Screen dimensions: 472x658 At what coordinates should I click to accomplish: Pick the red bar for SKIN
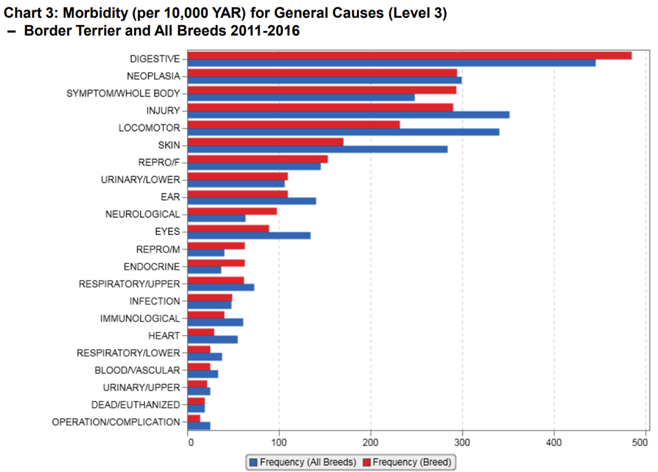point(265,142)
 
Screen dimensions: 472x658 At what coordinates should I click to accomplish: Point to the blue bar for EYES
point(249,236)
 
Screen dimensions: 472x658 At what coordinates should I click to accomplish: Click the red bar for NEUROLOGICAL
point(232,211)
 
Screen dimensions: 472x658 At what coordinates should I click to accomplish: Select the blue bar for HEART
point(213,339)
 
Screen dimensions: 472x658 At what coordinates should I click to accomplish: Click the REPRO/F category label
point(159,162)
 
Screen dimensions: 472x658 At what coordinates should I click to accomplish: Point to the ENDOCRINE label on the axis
point(151,267)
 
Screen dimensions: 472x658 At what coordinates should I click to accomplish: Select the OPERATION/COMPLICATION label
point(115,422)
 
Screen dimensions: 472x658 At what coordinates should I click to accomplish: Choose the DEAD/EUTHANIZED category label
point(135,405)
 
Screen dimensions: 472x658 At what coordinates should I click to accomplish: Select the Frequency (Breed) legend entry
point(409,462)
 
